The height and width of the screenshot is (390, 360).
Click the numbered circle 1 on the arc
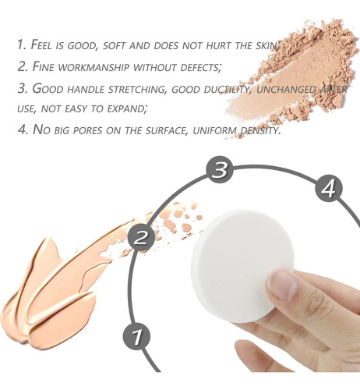(136, 336)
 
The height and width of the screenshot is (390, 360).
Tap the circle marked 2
(141, 237)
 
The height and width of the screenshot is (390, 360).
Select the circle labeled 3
(220, 169)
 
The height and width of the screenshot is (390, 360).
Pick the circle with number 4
(329, 189)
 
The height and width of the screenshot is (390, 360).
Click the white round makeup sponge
(242, 265)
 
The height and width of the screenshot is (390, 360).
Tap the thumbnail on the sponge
(283, 285)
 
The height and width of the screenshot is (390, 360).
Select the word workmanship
(94, 67)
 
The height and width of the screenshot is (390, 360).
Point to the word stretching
(136, 89)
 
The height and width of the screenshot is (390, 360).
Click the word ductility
(226, 89)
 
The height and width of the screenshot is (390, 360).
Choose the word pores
(87, 130)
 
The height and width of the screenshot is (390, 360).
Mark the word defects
(199, 67)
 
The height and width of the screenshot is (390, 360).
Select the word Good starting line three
(48, 88)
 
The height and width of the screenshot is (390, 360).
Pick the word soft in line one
(114, 45)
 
